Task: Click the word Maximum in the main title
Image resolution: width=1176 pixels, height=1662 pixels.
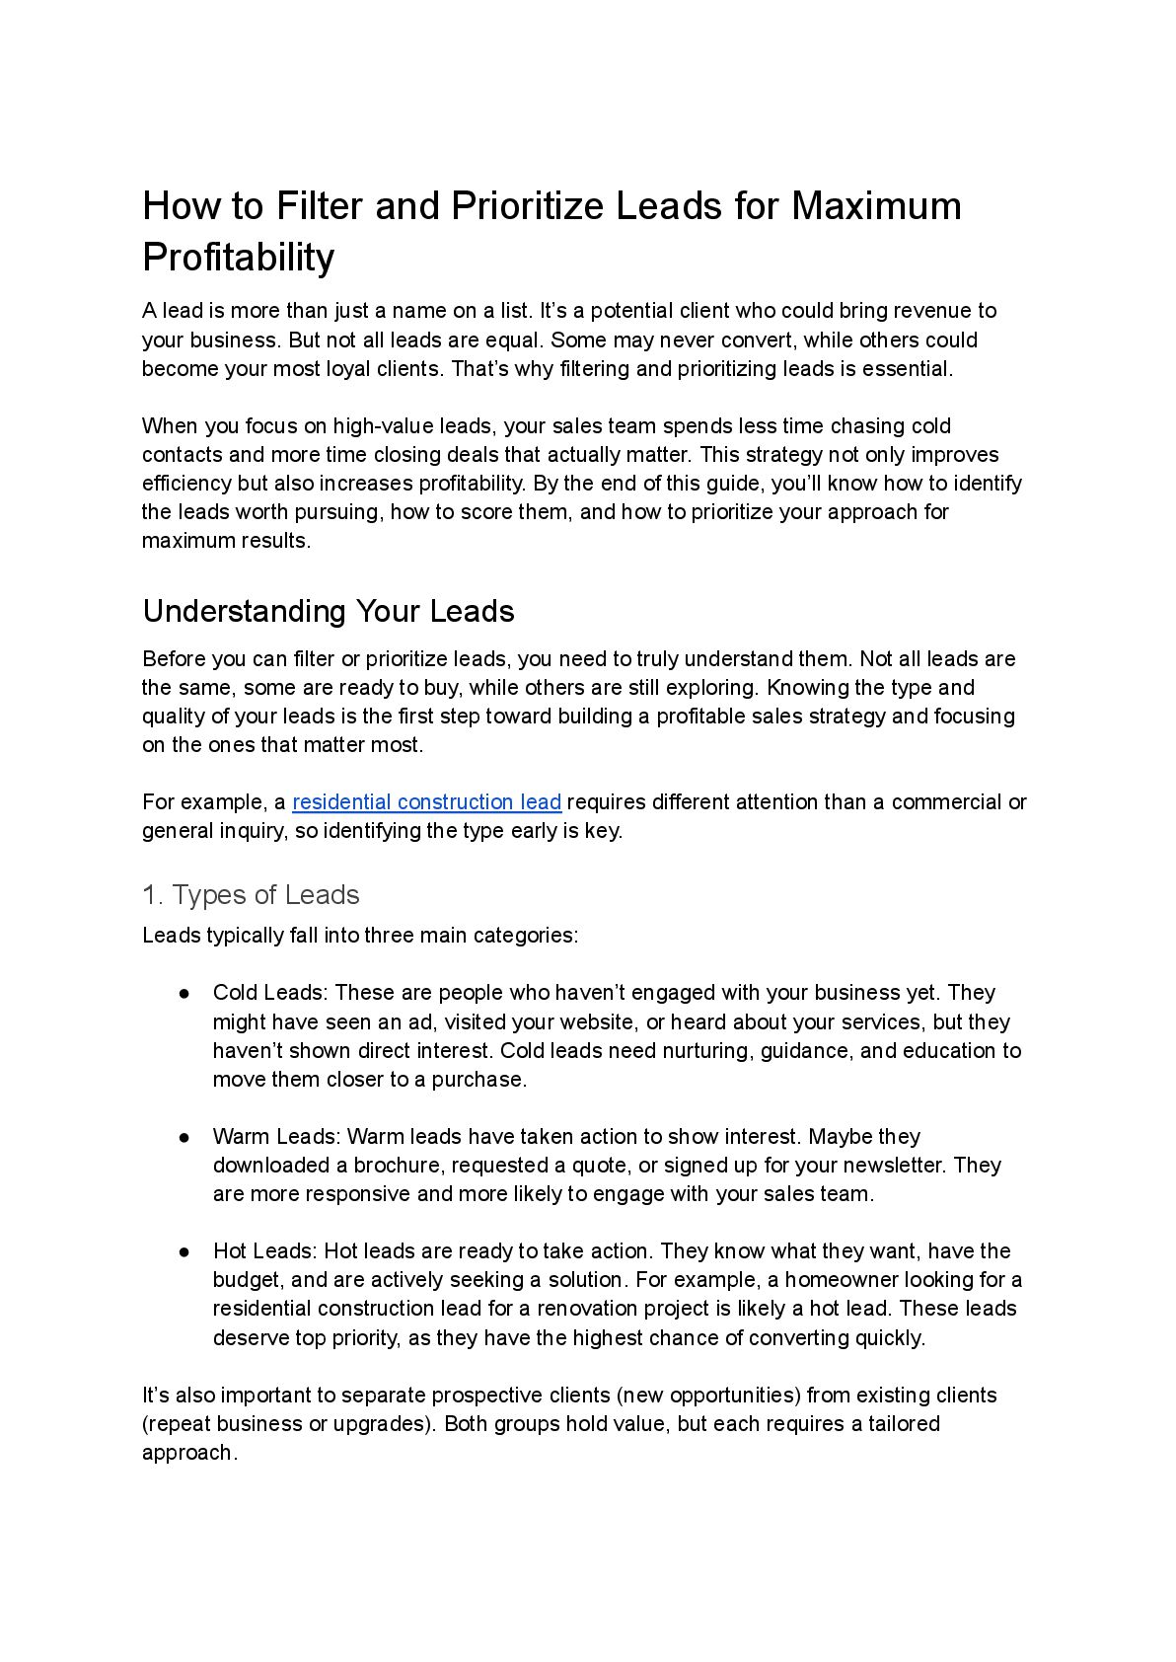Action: (876, 206)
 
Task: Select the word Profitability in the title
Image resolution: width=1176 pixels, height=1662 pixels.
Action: (239, 257)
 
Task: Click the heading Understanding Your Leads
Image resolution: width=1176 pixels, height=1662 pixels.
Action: (329, 611)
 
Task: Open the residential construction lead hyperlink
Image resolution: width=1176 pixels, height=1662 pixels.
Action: (426, 801)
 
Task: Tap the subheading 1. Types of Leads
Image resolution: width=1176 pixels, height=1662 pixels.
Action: (251, 894)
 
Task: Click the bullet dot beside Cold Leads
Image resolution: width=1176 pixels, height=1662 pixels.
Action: (184, 993)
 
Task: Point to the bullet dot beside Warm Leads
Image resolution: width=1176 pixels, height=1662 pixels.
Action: (184, 1137)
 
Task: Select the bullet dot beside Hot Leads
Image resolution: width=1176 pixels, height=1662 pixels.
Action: (184, 1251)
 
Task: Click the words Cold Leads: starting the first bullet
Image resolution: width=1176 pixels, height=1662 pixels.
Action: (270, 992)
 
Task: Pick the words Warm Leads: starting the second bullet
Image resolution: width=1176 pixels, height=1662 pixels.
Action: (276, 1136)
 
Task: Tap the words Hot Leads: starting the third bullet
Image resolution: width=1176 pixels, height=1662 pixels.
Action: (264, 1250)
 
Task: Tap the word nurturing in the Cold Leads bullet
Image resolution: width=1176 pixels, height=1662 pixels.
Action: (706, 1050)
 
